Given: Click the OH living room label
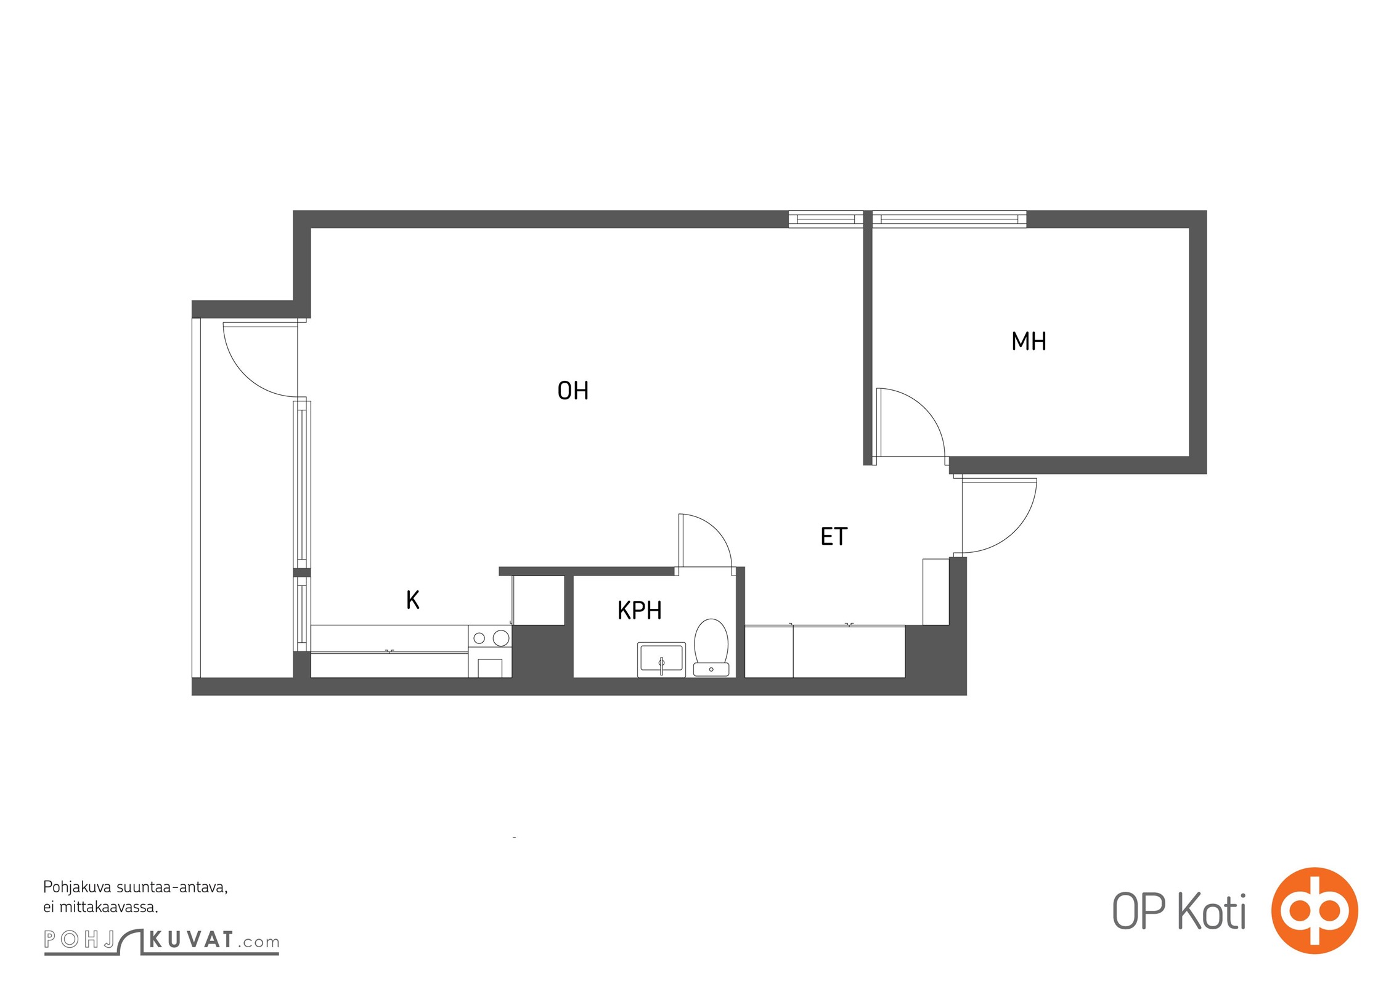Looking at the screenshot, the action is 573,391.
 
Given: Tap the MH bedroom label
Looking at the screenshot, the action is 1029,341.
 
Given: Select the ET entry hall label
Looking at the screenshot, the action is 834,536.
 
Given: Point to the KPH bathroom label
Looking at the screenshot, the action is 639,610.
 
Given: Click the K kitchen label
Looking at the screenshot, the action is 412,600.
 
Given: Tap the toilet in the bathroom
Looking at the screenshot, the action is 711,647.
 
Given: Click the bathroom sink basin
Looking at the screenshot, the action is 661,659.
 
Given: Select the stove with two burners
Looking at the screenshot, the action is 490,651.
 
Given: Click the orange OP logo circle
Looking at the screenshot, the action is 1315,910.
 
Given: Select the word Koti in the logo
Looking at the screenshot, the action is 1212,911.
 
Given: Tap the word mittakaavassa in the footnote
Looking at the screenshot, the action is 109,907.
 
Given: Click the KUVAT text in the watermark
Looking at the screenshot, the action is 192,940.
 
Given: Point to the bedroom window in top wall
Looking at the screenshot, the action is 949,219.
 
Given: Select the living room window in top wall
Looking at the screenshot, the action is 826,219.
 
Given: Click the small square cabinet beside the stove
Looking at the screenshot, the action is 538,600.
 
